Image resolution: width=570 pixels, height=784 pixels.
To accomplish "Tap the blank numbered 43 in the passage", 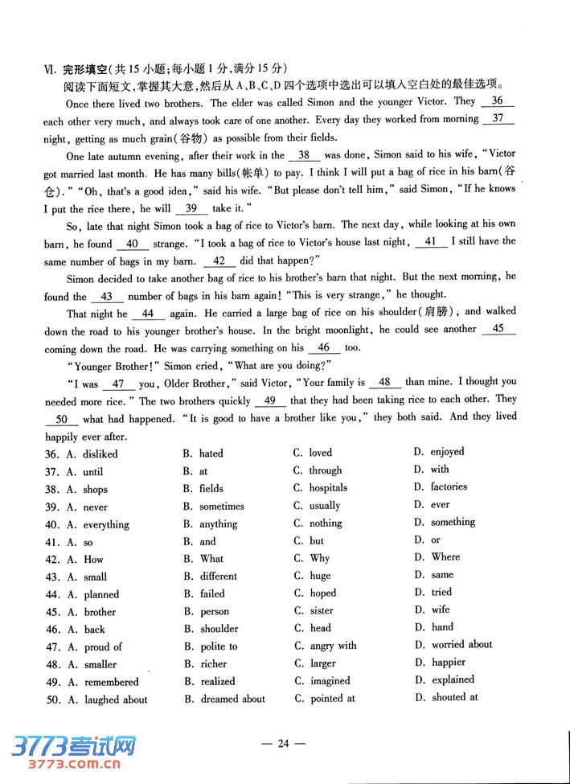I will click(106, 296).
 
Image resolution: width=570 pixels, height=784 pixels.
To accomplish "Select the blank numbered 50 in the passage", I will click(62, 419).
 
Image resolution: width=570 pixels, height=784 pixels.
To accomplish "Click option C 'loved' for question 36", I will click(320, 453).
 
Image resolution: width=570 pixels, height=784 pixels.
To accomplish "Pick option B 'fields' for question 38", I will click(211, 488).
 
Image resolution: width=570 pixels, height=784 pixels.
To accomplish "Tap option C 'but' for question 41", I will click(317, 541).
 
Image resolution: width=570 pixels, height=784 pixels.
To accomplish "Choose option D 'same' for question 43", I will click(441, 575).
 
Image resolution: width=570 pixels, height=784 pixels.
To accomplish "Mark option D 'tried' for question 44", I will click(441, 592).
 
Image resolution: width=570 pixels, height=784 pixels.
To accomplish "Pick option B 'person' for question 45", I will click(215, 611).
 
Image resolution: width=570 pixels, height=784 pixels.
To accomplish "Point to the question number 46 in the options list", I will click(53, 630).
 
